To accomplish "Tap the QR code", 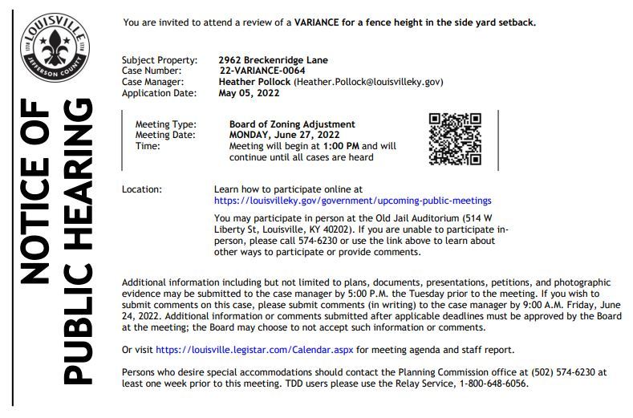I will (455, 139).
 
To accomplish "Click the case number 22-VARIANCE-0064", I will (262, 71).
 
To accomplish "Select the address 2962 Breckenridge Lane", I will (273, 60).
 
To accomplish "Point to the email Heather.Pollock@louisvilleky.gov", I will (369, 82).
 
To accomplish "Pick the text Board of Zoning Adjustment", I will (292, 124).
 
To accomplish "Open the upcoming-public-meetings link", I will (353, 201).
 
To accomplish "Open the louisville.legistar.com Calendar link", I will (254, 351).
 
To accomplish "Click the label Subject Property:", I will (160, 60).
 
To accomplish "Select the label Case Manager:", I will (153, 82).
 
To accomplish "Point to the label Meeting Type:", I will (166, 124).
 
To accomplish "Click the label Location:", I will (142, 189).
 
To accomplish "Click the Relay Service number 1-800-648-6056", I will (493, 384).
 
